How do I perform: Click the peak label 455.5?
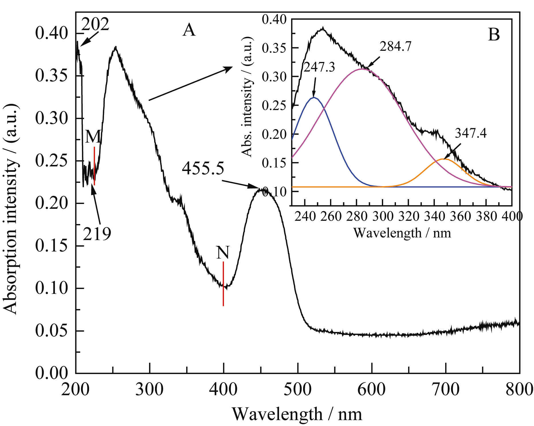pyautogui.click(x=203, y=168)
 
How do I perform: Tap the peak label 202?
pyautogui.click(x=95, y=24)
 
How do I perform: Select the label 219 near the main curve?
pyautogui.click(x=97, y=234)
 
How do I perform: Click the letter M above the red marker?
pyautogui.click(x=93, y=137)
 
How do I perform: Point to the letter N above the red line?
pyautogui.click(x=223, y=252)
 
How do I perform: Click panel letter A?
pyautogui.click(x=189, y=30)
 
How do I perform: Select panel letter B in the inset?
pyautogui.click(x=494, y=35)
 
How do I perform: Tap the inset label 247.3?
pyautogui.click(x=319, y=67)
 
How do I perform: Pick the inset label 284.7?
pyautogui.click(x=396, y=46)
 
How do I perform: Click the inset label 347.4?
pyautogui.click(x=470, y=133)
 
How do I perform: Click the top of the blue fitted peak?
pyautogui.click(x=314, y=98)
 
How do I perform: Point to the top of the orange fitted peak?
pyautogui.click(x=445, y=159)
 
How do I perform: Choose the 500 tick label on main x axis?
pyautogui.click(x=298, y=390)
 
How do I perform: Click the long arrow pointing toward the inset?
pyautogui.click(x=191, y=83)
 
